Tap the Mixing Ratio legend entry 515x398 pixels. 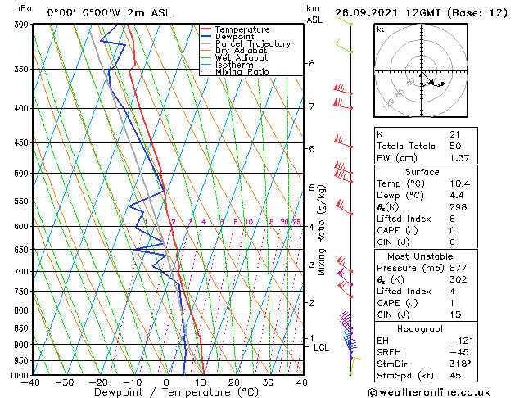click(x=242, y=72)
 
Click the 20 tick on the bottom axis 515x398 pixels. click(x=234, y=382)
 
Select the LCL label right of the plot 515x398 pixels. click(x=322, y=347)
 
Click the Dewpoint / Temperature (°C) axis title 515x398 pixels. click(x=166, y=392)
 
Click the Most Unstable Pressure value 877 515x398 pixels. click(x=457, y=267)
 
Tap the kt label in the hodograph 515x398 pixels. click(x=381, y=29)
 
